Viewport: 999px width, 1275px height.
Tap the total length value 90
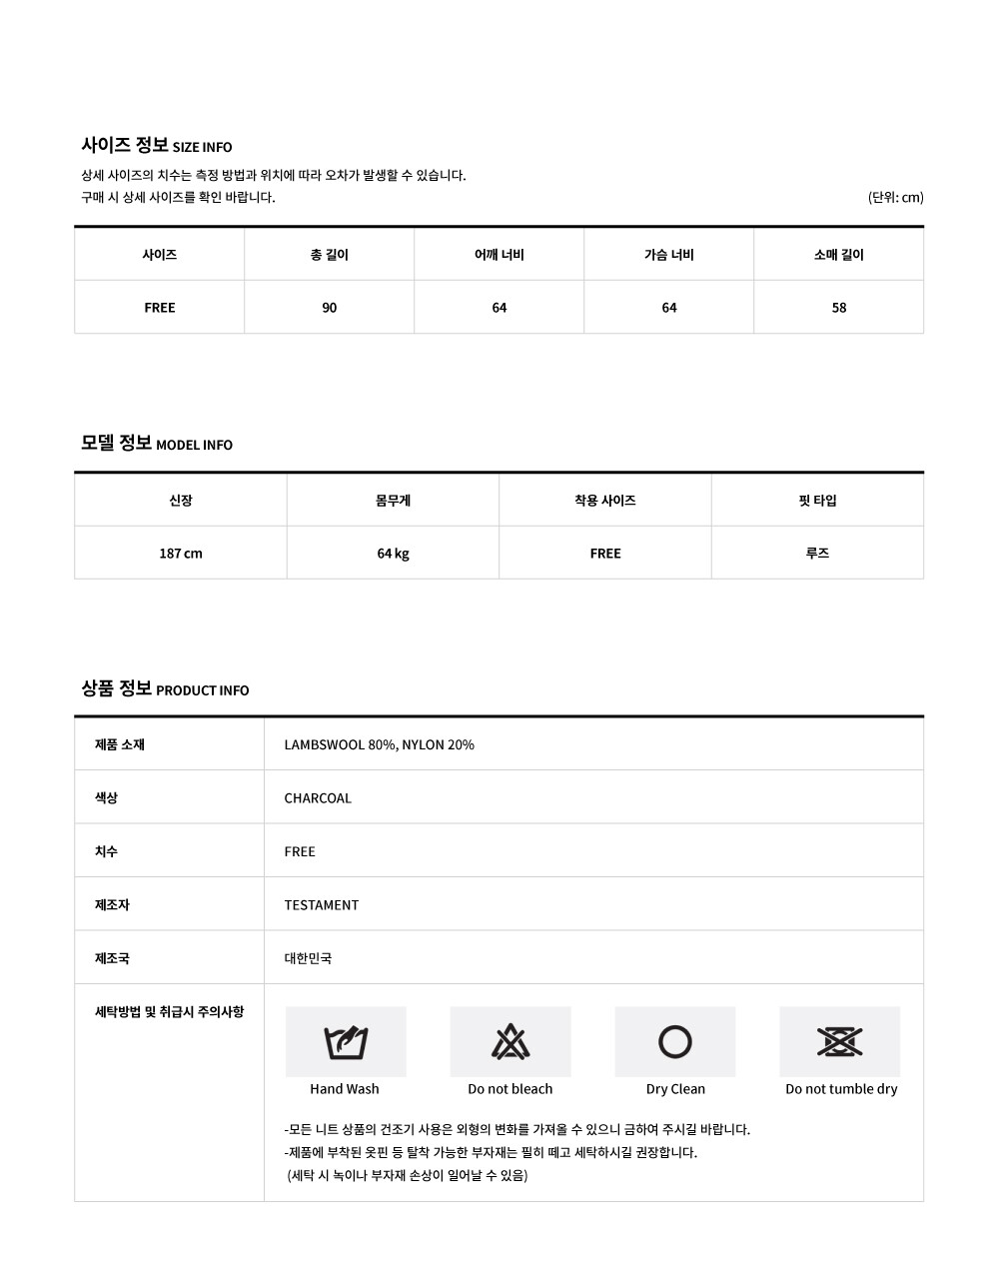click(x=330, y=308)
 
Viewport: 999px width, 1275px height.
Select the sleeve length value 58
click(x=839, y=308)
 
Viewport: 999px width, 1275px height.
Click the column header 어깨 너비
click(x=499, y=255)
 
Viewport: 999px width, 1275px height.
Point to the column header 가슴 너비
click(x=669, y=255)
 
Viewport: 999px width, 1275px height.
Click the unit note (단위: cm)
click(x=895, y=197)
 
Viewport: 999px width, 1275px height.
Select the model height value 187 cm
click(x=181, y=554)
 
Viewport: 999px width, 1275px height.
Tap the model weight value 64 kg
click(x=394, y=554)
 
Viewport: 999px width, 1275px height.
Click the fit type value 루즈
click(x=817, y=554)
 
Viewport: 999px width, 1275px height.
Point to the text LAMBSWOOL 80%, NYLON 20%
click(x=380, y=744)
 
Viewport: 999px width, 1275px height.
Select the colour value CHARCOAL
click(x=318, y=798)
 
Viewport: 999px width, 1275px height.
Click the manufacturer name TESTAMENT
click(x=322, y=905)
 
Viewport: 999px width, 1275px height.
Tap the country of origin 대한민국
click(x=308, y=958)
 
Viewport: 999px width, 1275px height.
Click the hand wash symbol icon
click(x=346, y=1042)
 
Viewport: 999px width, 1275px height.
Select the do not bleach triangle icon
click(x=510, y=1042)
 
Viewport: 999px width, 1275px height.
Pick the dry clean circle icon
click(x=675, y=1042)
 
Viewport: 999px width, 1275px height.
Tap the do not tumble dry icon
click(x=840, y=1042)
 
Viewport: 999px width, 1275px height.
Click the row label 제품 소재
click(x=120, y=744)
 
